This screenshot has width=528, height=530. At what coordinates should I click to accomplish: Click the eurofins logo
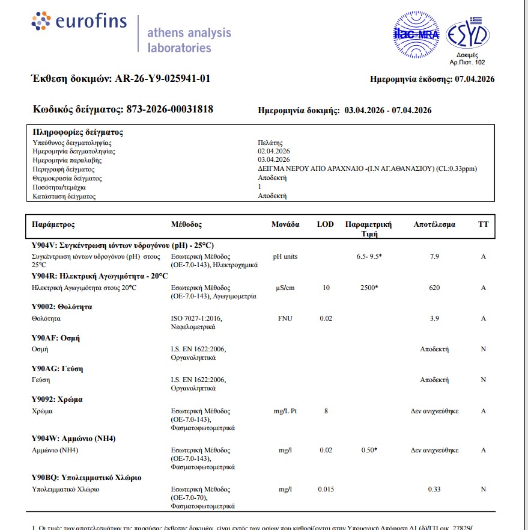click(79, 22)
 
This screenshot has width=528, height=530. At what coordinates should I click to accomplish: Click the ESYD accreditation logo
click(467, 34)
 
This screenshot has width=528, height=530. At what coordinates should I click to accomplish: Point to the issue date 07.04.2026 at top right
click(475, 79)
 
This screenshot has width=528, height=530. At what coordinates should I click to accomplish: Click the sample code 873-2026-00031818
click(169, 109)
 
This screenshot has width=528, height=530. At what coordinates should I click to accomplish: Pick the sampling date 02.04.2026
click(274, 151)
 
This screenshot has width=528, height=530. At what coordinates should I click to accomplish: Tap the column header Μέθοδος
click(186, 224)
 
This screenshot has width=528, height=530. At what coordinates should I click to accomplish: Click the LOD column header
click(325, 224)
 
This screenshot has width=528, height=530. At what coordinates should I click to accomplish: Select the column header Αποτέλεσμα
click(434, 224)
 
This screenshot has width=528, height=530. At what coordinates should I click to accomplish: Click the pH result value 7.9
click(435, 257)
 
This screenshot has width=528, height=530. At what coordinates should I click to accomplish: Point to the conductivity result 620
click(434, 288)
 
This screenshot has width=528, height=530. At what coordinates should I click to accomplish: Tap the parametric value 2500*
click(368, 288)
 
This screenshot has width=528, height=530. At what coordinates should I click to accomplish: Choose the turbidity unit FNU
click(285, 318)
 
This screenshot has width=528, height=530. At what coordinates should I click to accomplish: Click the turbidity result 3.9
click(435, 318)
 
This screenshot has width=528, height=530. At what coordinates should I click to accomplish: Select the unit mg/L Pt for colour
click(285, 411)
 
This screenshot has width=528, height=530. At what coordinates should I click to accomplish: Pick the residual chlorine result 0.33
click(434, 490)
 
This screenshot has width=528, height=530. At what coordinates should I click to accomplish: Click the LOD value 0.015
click(326, 490)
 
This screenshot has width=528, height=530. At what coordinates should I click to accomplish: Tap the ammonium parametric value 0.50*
click(368, 450)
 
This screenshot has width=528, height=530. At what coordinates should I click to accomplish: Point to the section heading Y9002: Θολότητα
click(61, 307)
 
